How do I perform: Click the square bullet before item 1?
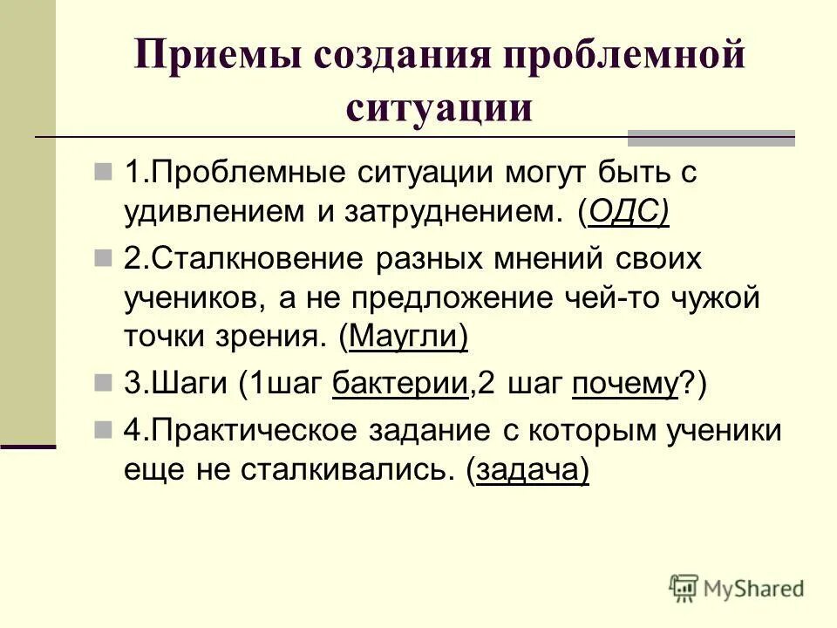pyautogui.click(x=104, y=169)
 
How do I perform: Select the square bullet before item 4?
pyautogui.click(x=104, y=429)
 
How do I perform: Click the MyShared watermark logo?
pyautogui.click(x=737, y=587)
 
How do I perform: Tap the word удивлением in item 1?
pyautogui.click(x=202, y=213)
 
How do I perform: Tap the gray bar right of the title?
pyautogui.click(x=711, y=137)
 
